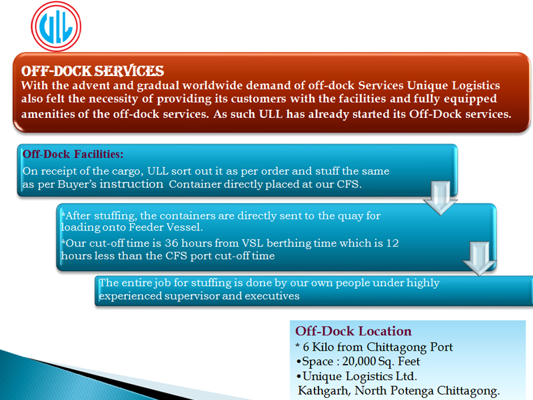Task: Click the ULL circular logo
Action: [x=56, y=27]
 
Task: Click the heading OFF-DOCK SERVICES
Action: [x=93, y=71]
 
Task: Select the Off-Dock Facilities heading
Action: [x=73, y=154]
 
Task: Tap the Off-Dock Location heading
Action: [x=353, y=331]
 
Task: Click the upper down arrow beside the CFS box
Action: [x=440, y=197]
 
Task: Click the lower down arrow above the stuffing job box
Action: [x=479, y=259]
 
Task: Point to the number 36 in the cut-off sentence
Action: [x=172, y=243]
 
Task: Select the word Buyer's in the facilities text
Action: [x=77, y=184]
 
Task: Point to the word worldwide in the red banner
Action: [x=213, y=85]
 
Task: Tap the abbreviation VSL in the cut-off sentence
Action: [x=253, y=243]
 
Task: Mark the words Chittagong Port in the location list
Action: [x=410, y=347]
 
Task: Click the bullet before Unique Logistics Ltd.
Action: [x=298, y=376]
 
